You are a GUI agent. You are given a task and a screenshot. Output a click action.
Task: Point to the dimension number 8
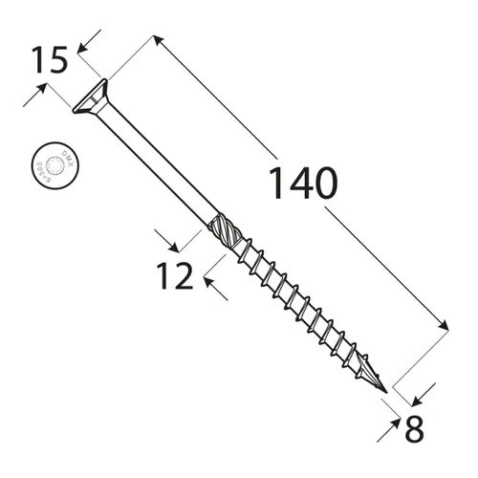(414, 429)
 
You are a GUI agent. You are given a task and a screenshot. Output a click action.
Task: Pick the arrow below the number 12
(211, 287)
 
